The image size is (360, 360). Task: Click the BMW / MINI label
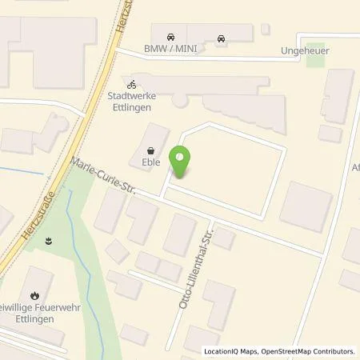170,48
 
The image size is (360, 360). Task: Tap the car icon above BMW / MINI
170,37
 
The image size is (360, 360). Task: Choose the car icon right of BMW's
220,37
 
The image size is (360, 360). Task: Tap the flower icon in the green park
50,239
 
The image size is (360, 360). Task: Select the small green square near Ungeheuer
316,51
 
